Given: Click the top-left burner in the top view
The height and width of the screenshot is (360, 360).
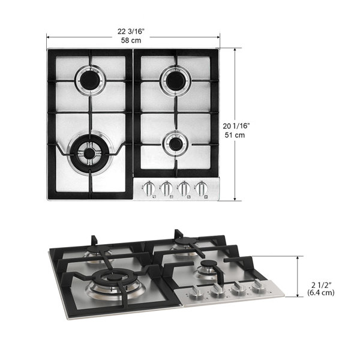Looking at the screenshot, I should coord(89,80).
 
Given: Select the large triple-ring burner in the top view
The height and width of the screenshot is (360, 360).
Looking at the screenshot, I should coord(89,153).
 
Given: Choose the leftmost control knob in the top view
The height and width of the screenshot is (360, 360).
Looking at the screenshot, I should coord(149,189).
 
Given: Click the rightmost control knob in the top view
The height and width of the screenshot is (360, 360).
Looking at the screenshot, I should coord(203,189).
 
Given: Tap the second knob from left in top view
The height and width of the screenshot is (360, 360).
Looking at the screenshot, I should coord(167,189).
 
